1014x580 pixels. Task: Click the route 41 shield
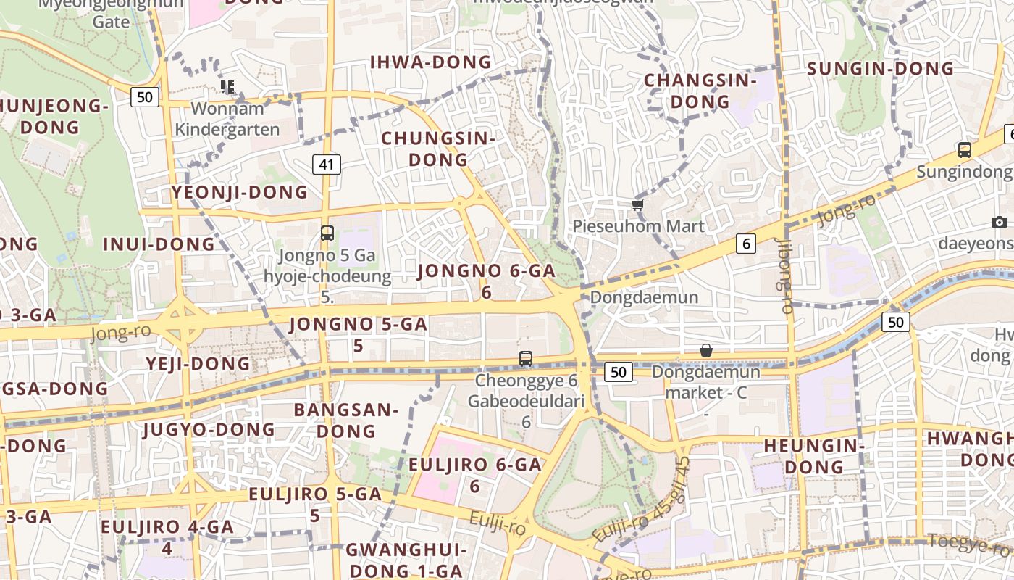[327, 165]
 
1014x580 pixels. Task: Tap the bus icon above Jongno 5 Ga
[327, 233]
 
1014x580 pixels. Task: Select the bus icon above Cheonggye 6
[526, 358]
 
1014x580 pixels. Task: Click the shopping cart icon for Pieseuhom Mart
[638, 205]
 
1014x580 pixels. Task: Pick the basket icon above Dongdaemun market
[706, 350]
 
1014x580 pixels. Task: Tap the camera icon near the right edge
[1000, 222]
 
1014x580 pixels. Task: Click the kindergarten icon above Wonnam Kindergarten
[228, 87]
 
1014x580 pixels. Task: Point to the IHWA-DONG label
[431, 62]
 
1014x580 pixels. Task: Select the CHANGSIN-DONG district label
[700, 91]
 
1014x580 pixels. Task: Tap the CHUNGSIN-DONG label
[438, 148]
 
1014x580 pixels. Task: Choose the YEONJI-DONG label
[240, 192]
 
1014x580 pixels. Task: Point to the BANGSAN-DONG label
[346, 420]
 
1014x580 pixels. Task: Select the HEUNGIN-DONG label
[814, 455]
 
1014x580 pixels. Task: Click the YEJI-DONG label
[198, 363]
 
